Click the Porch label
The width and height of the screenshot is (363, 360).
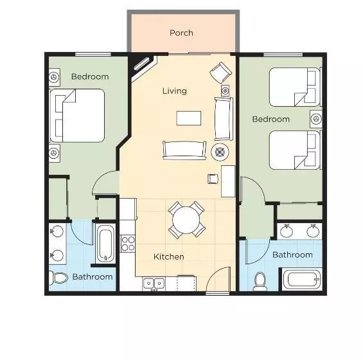181,33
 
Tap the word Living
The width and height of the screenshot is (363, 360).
174,91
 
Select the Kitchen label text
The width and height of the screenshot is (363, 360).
169,256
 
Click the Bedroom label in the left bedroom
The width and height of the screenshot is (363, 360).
90,76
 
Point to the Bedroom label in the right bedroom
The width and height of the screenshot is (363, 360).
270,119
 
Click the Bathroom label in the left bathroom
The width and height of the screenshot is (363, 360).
92,277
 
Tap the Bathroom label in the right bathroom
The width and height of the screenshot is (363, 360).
292,255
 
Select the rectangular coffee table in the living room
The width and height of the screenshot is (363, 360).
189,118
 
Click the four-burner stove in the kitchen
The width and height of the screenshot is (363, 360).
128,244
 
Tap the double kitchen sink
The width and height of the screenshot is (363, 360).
154,282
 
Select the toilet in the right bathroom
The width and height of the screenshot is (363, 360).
260,281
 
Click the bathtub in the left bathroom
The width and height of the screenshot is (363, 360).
105,243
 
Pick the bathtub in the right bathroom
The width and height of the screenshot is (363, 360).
301,280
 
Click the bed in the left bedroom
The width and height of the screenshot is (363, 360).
78,115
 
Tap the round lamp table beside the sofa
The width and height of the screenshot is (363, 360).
220,152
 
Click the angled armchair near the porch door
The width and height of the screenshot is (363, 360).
220,71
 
